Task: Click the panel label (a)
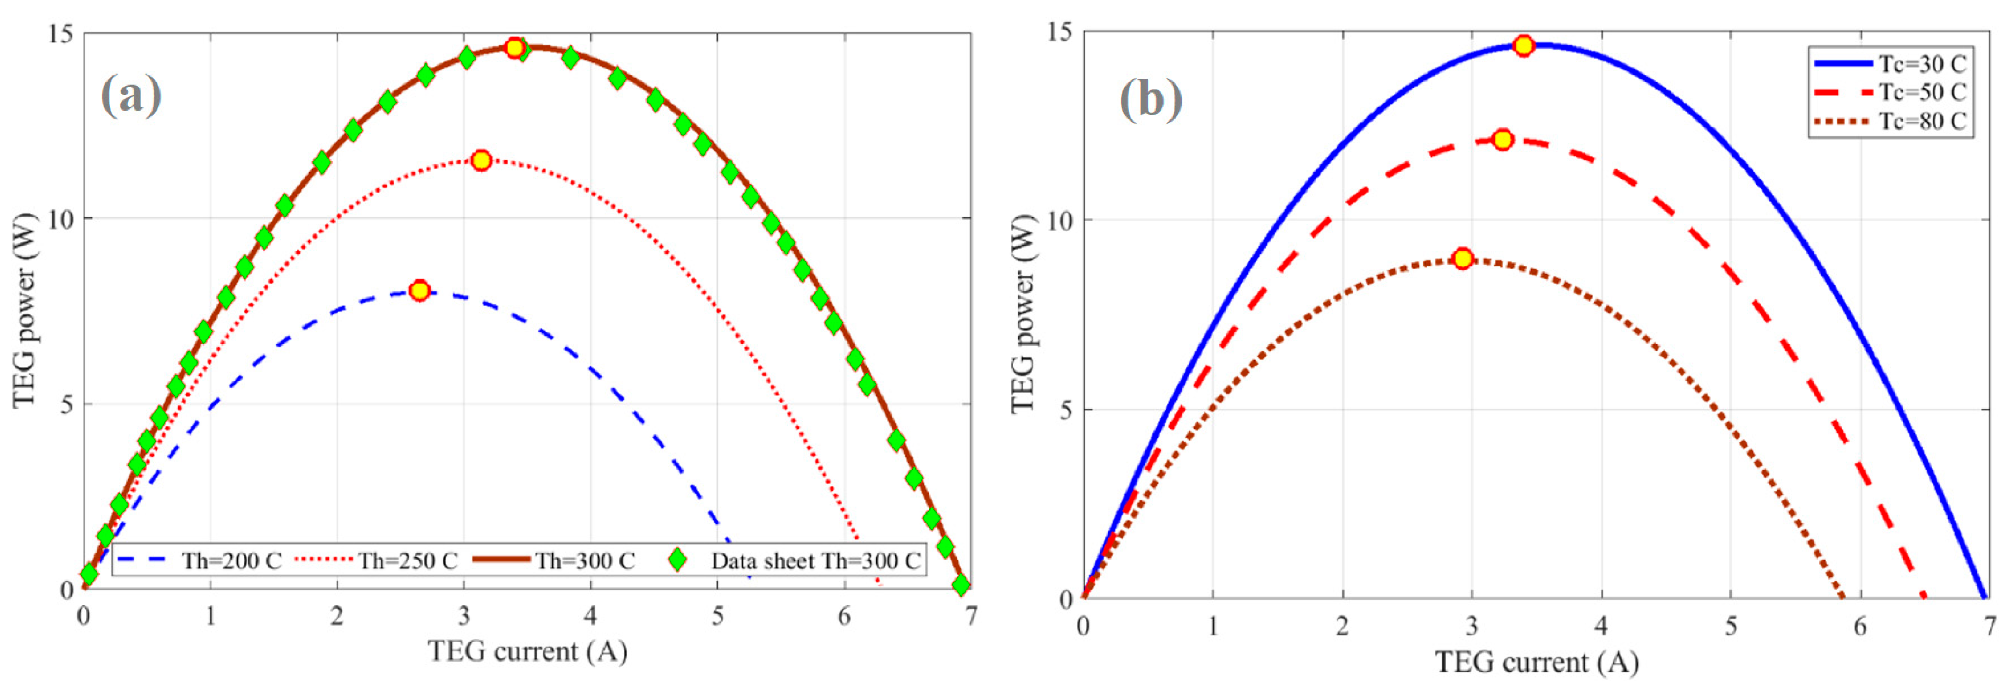pyautogui.click(x=131, y=96)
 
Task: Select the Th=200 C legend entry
pyautogui.click(x=199, y=561)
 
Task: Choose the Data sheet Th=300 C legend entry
pyautogui.click(x=795, y=561)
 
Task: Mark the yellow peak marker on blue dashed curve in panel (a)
pyautogui.click(x=420, y=291)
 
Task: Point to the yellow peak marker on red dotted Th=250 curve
pyautogui.click(x=481, y=160)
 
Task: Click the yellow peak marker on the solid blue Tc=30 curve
pyautogui.click(x=1523, y=46)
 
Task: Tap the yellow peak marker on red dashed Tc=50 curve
pyautogui.click(x=1502, y=140)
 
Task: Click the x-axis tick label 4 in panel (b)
pyautogui.click(x=1602, y=626)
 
